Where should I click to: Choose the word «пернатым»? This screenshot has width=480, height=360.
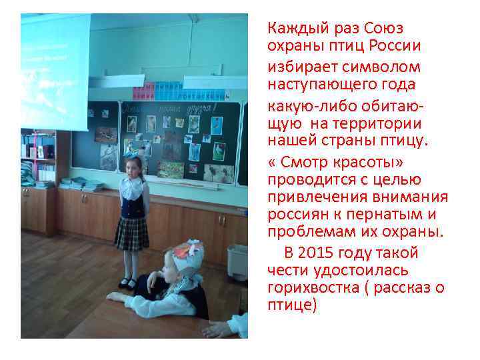(x=390, y=215)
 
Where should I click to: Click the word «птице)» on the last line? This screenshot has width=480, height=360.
(x=292, y=306)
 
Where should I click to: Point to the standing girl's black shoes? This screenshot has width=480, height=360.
(x=128, y=283)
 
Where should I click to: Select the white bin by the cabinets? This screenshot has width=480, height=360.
(x=237, y=262)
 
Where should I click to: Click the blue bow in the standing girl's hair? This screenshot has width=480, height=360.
(x=129, y=153)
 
